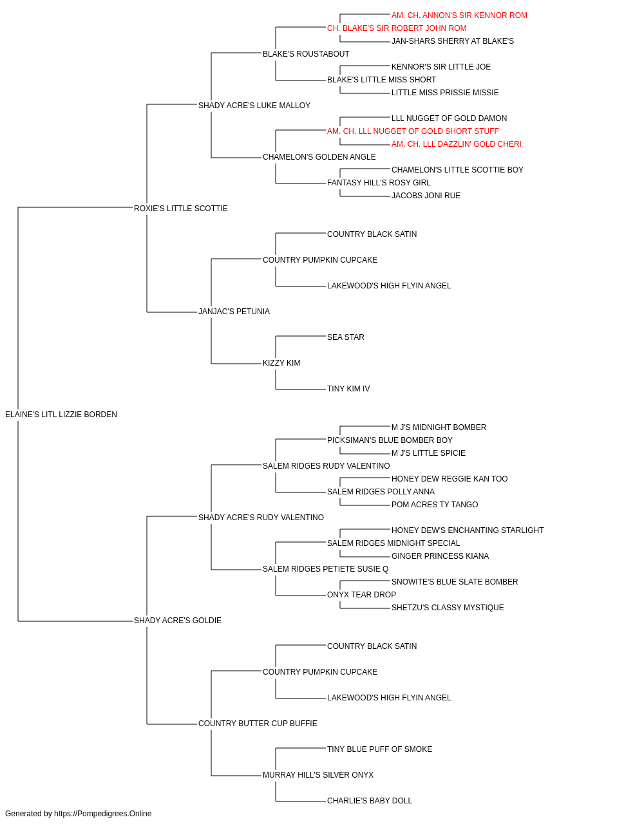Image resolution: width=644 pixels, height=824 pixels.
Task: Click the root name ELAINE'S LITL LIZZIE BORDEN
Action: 61,415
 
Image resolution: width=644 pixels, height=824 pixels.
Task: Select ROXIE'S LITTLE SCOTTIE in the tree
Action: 180,209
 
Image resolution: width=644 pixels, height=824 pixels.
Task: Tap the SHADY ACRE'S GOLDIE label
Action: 178,621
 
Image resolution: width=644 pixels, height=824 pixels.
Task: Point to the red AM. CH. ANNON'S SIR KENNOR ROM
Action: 459,15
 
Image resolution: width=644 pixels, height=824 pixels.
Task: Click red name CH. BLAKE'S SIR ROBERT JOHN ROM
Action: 397,28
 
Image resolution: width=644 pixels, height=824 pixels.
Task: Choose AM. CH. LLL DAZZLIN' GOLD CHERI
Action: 456,144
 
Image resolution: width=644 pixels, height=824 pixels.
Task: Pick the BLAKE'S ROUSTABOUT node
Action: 306,54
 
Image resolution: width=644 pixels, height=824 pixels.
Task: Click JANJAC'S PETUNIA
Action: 234,312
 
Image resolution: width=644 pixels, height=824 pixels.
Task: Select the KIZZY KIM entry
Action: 281,363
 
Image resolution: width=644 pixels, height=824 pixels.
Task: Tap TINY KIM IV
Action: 348,389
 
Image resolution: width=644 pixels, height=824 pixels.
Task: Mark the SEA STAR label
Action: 346,337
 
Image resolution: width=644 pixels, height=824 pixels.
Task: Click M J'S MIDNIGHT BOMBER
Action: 439,427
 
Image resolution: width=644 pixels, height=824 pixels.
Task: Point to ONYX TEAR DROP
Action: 361,595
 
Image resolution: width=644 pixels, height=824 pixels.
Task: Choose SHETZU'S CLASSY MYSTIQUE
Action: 448,608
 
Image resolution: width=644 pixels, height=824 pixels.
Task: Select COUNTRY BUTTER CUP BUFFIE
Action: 258,724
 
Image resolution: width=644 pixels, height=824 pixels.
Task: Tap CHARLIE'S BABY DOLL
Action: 370,800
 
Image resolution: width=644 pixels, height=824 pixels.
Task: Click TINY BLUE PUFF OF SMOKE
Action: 380,749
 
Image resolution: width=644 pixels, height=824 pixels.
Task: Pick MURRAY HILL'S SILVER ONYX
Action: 318,775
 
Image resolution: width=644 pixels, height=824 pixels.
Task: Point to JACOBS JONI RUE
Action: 426,196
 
